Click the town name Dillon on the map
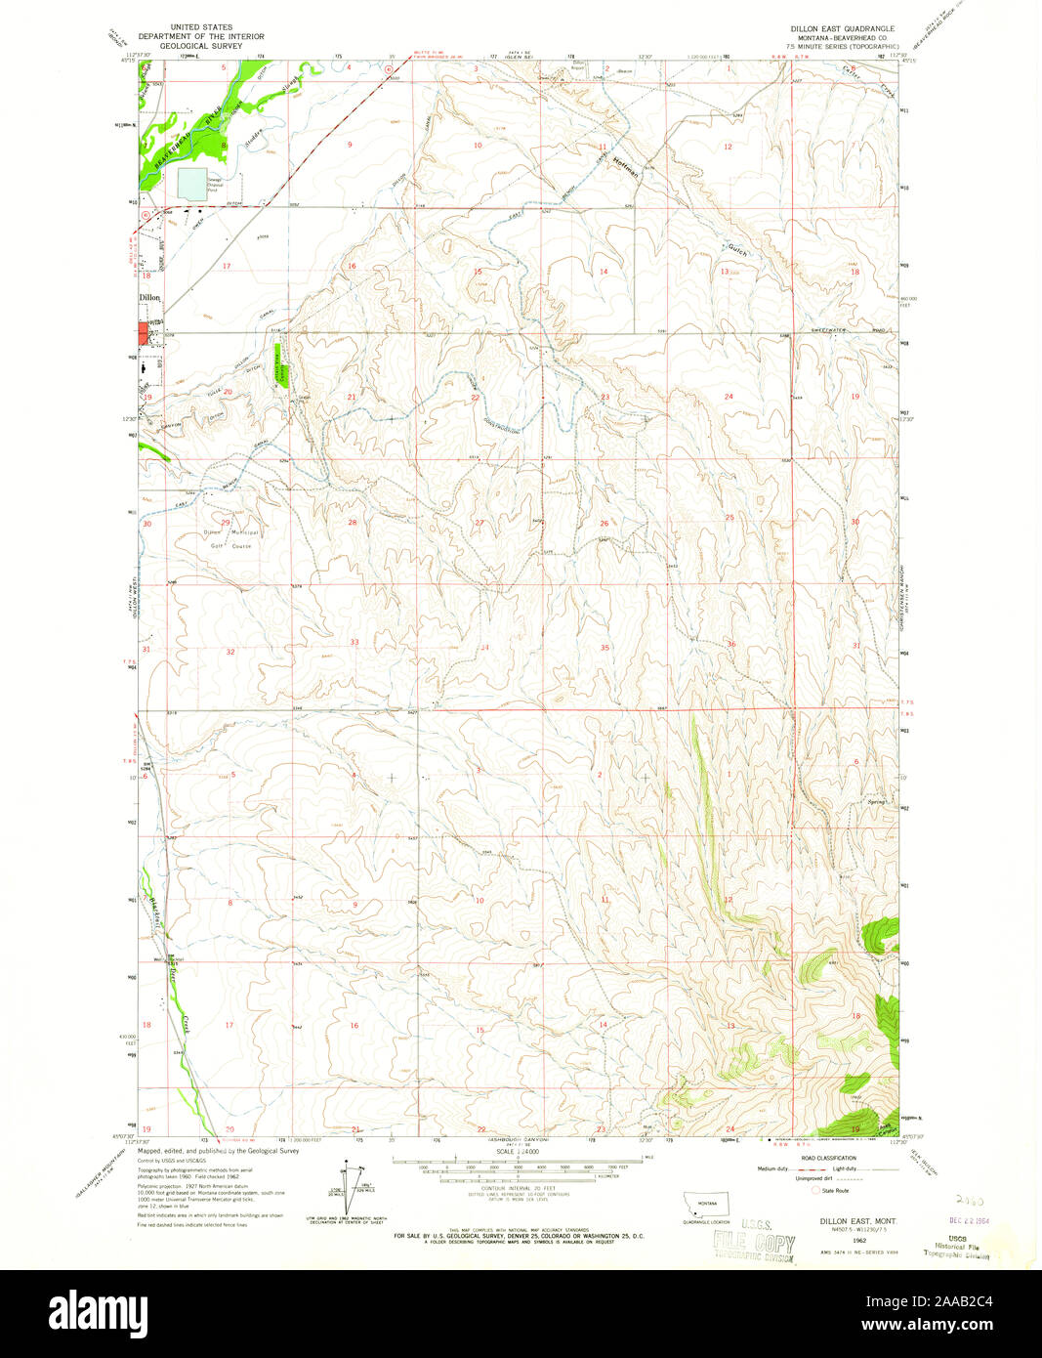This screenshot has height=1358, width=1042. (x=149, y=297)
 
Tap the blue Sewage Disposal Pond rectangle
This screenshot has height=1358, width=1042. (x=192, y=183)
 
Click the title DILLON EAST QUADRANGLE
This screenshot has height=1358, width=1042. (x=842, y=29)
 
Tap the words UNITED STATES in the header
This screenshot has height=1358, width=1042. (x=195, y=28)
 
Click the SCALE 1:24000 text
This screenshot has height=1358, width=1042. (x=517, y=1152)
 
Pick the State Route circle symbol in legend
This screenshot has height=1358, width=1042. (x=815, y=1190)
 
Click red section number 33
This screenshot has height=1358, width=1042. (x=354, y=642)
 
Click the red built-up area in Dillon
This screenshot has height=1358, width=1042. (x=144, y=333)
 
